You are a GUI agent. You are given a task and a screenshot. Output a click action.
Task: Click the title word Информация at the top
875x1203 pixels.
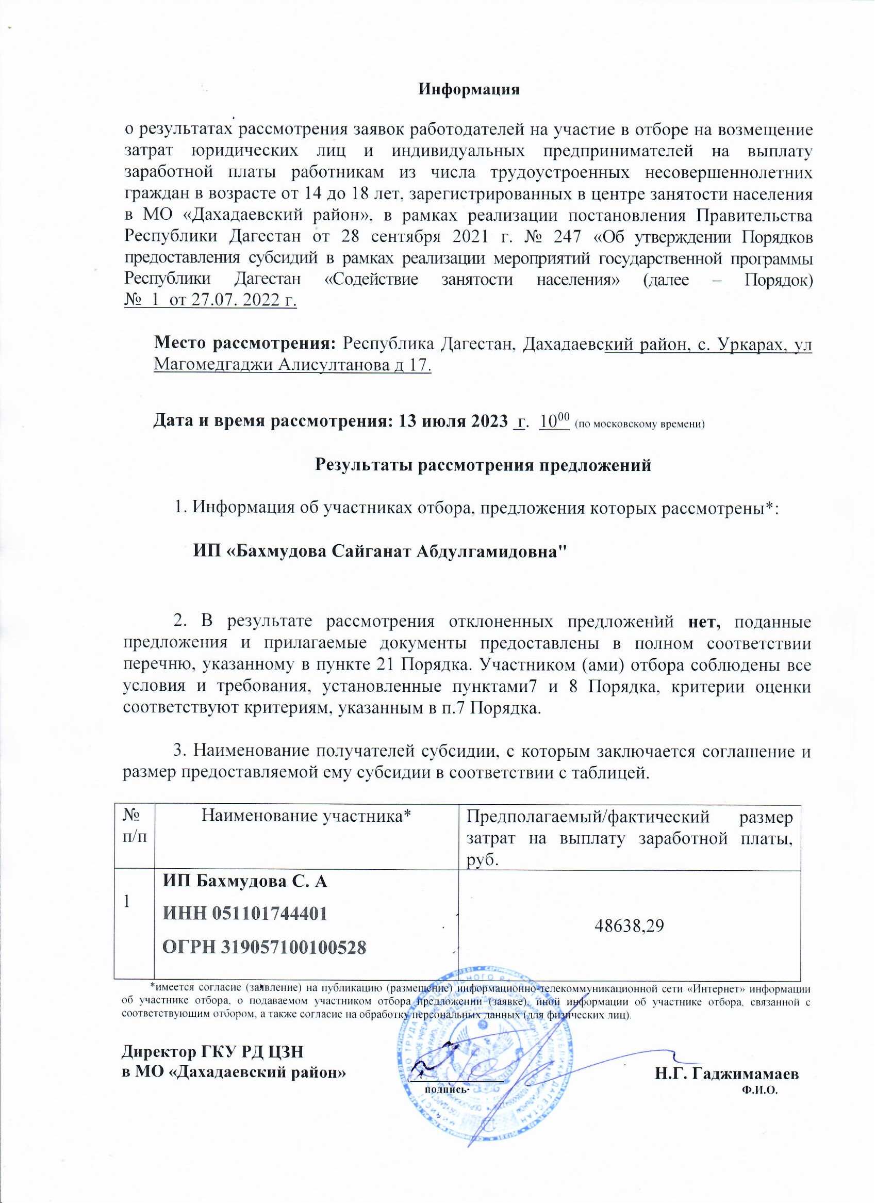click(469, 89)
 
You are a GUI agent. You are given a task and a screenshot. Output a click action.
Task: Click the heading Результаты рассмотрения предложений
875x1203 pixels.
click(483, 465)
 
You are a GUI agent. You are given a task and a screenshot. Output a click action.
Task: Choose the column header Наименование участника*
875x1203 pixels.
click(306, 816)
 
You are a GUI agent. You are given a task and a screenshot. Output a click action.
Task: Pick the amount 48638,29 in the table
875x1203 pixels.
click(629, 911)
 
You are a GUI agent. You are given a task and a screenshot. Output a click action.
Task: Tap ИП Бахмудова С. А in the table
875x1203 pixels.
click(244, 881)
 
